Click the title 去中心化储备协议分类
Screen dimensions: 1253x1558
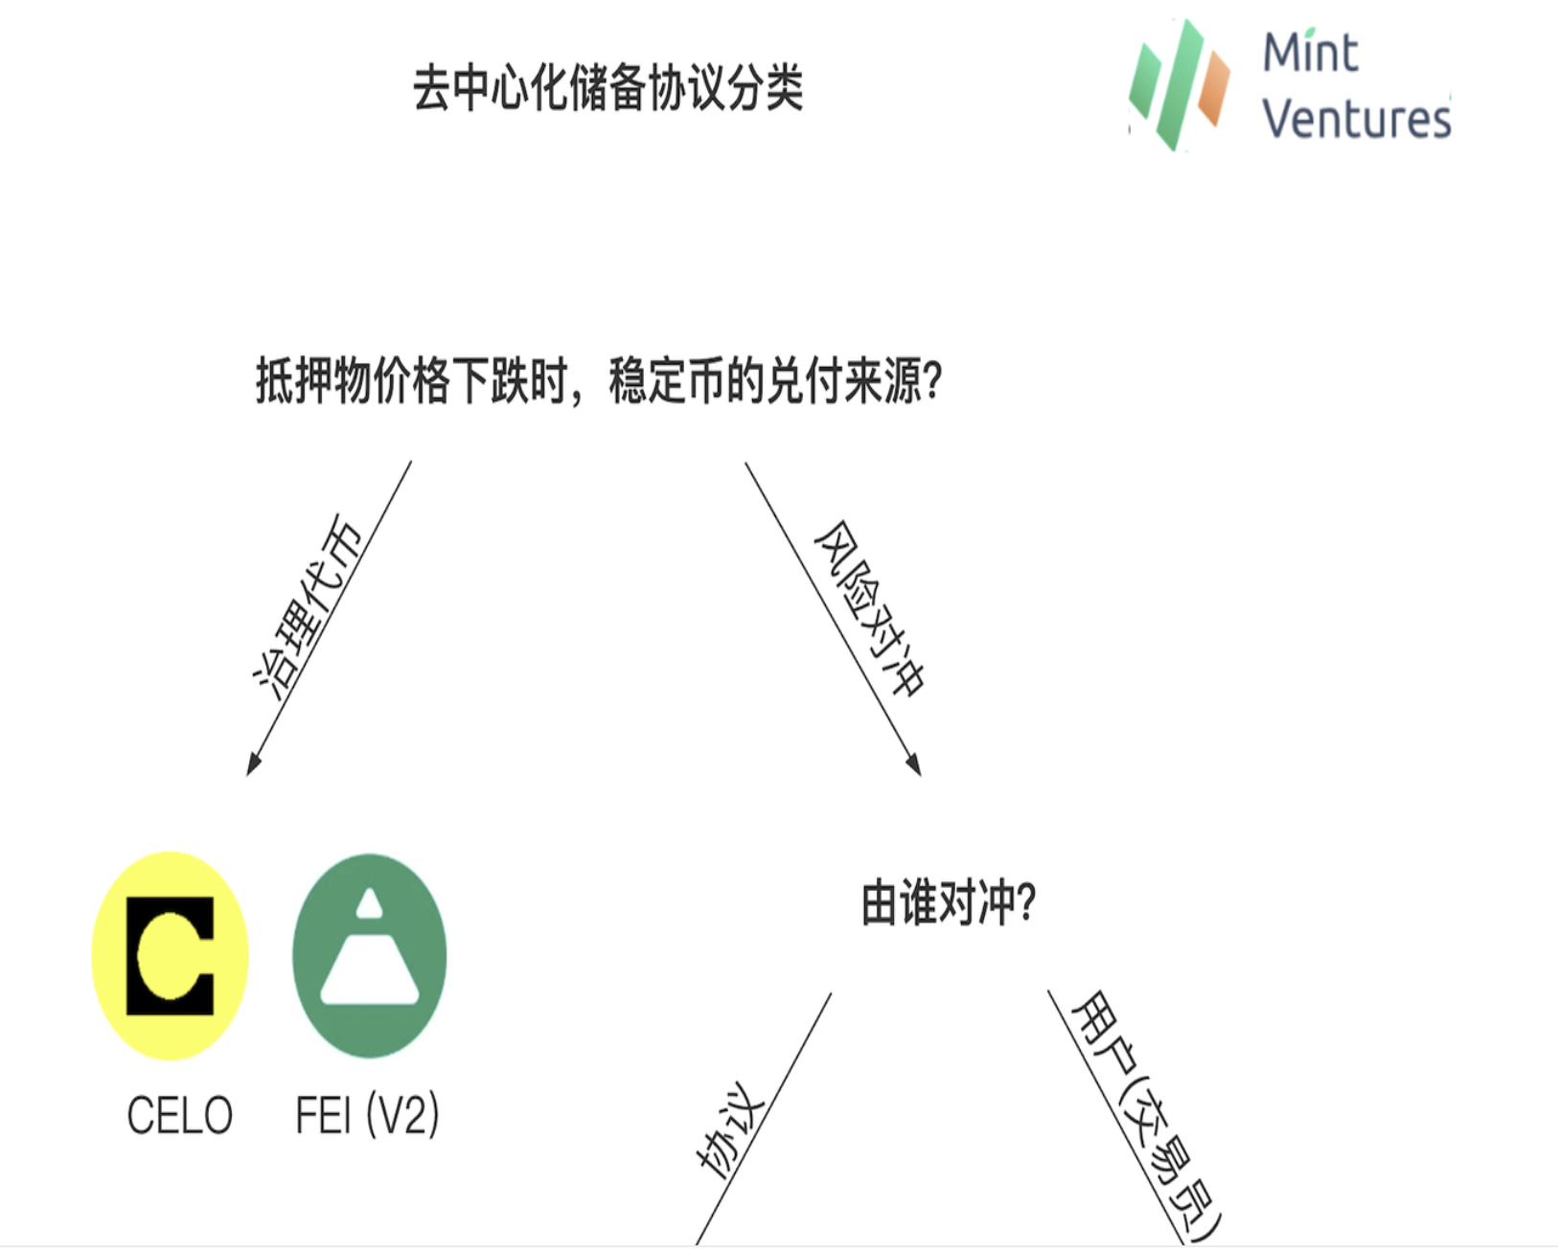(607, 88)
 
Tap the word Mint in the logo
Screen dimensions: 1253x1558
(1310, 53)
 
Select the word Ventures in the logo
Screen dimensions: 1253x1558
(1356, 119)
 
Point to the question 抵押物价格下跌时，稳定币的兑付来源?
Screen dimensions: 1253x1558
(599, 381)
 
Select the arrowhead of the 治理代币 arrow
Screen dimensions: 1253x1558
(254, 763)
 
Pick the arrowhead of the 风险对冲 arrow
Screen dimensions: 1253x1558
(914, 763)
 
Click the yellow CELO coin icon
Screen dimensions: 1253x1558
(171, 955)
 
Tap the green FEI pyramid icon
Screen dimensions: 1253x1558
(370, 955)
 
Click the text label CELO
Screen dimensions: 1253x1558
(179, 1116)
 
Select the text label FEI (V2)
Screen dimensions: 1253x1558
(367, 1116)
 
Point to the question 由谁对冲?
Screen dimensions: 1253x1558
(949, 903)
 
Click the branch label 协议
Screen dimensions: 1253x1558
(730, 1128)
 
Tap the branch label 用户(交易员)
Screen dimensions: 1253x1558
(1145, 1116)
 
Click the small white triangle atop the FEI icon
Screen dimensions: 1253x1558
(370, 903)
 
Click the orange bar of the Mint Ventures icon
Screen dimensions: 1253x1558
(1214, 88)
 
